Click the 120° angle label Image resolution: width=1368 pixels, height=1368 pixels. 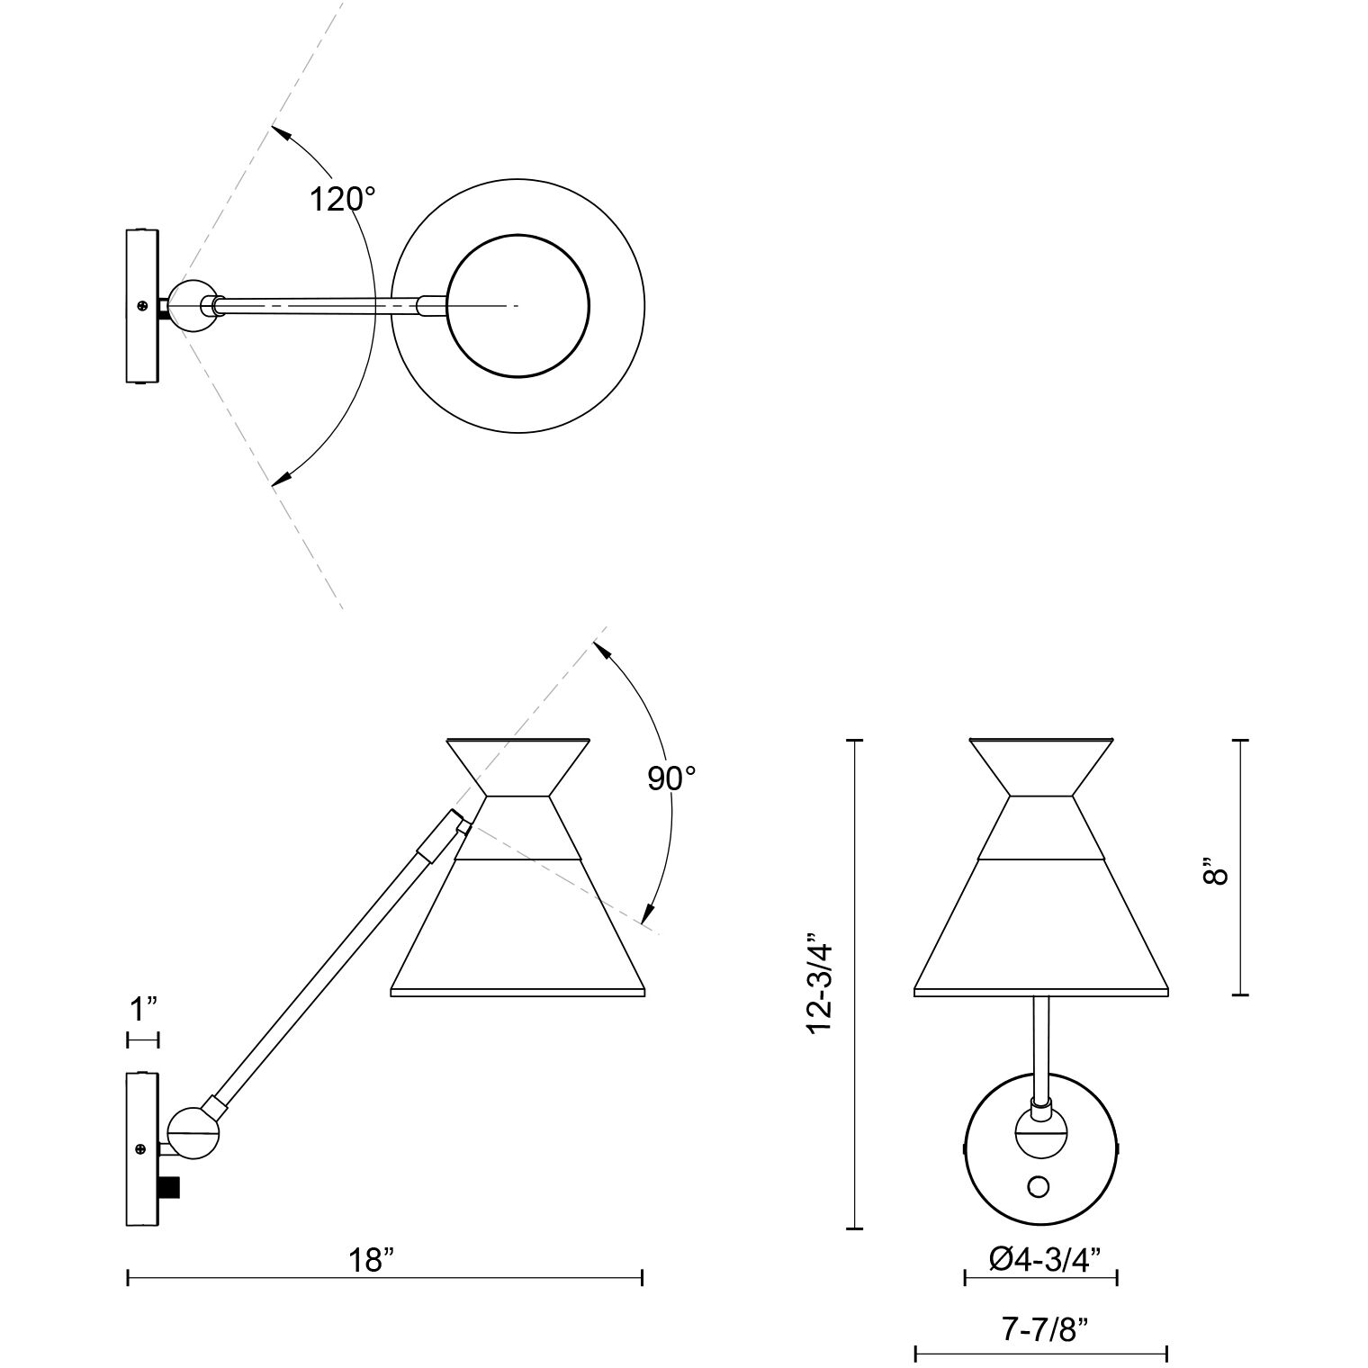(x=342, y=198)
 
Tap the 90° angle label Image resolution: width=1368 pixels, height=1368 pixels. (x=672, y=778)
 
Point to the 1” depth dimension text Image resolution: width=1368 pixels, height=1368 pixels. (x=144, y=1010)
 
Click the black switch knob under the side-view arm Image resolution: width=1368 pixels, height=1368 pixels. (x=169, y=1187)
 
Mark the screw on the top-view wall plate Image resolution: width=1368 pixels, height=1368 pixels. (x=142, y=306)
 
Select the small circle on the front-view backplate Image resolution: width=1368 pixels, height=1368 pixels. (x=1039, y=1189)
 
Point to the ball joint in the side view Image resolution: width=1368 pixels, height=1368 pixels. (x=193, y=1131)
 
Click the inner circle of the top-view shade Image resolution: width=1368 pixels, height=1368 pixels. (x=518, y=306)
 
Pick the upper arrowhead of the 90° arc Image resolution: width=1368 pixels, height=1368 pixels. (x=600, y=650)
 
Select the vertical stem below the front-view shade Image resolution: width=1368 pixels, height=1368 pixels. (x=1041, y=1047)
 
